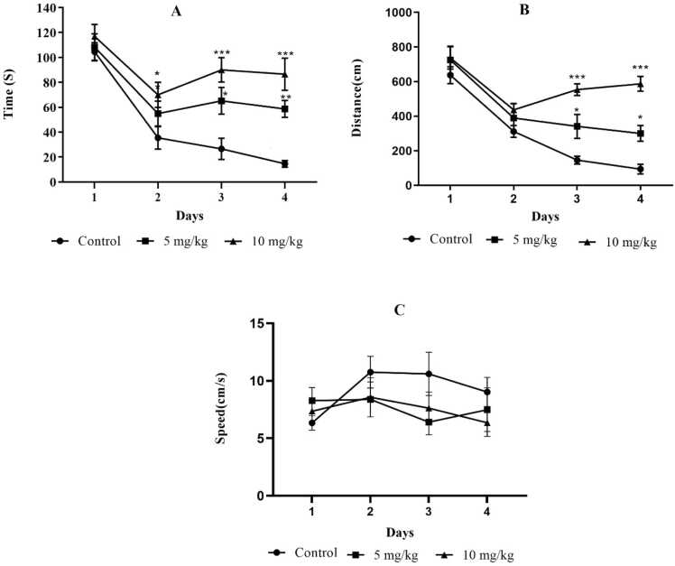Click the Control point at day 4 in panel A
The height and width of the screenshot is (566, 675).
(x=284, y=163)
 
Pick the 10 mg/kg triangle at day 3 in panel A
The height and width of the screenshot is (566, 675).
(x=222, y=70)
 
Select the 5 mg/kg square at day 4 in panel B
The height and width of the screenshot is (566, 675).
(x=641, y=134)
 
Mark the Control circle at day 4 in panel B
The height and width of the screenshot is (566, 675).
(x=641, y=169)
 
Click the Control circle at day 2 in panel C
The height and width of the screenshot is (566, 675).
(x=371, y=372)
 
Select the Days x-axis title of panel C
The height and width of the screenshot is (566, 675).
(x=400, y=534)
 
